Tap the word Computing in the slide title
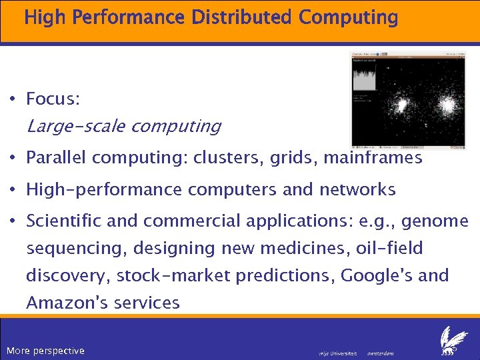[x=348, y=18]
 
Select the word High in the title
[x=45, y=17]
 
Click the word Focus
[x=53, y=100]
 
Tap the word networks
[x=357, y=190]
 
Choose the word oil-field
[x=390, y=249]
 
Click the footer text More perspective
[x=45, y=351]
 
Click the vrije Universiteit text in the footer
[x=338, y=353]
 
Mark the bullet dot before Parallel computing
[x=13, y=158]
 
